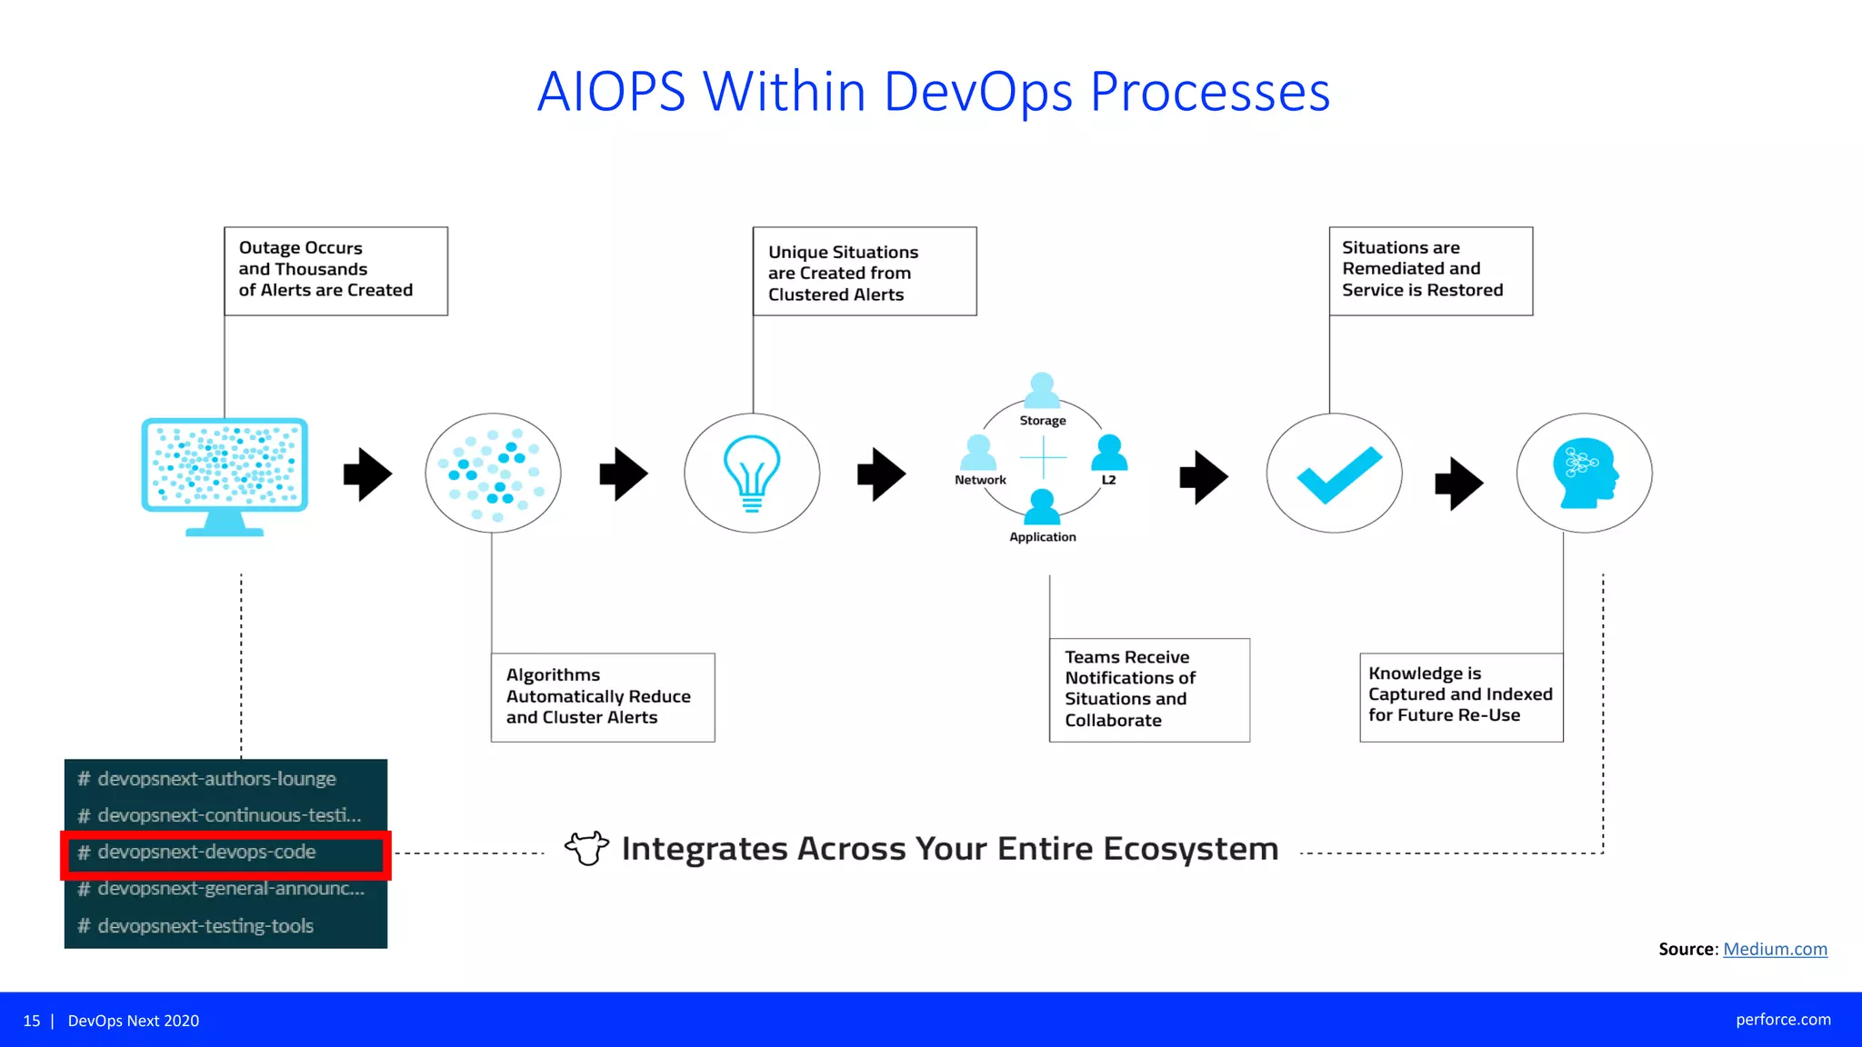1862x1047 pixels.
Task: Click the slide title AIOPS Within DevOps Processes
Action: pyautogui.click(x=933, y=92)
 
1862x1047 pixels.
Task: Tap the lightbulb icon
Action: pyautogui.click(x=751, y=473)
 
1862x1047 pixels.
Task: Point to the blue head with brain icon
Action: pyautogui.click(x=1585, y=473)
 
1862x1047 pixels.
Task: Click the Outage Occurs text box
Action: pyautogui.click(x=335, y=270)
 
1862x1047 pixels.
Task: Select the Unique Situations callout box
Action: pyautogui.click(x=864, y=272)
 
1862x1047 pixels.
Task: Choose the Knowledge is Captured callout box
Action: pyautogui.click(x=1461, y=696)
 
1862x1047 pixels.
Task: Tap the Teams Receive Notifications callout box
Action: pyautogui.click(x=1148, y=689)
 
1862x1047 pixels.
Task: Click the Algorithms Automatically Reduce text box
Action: pyautogui.click(x=602, y=696)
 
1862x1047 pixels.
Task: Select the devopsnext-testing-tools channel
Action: pyautogui.click(x=205, y=926)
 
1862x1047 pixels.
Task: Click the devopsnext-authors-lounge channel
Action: pyautogui.click(x=216, y=779)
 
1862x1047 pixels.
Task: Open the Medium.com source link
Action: pyautogui.click(x=1774, y=949)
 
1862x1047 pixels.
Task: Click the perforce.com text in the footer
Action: pyautogui.click(x=1782, y=1020)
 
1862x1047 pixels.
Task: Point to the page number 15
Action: pyautogui.click(x=32, y=1021)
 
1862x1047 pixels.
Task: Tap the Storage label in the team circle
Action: pyautogui.click(x=1042, y=421)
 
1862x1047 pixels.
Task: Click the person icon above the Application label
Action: pyautogui.click(x=1042, y=506)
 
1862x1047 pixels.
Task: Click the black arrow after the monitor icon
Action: pyautogui.click(x=367, y=474)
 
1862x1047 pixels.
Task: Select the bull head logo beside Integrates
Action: pyautogui.click(x=586, y=848)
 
